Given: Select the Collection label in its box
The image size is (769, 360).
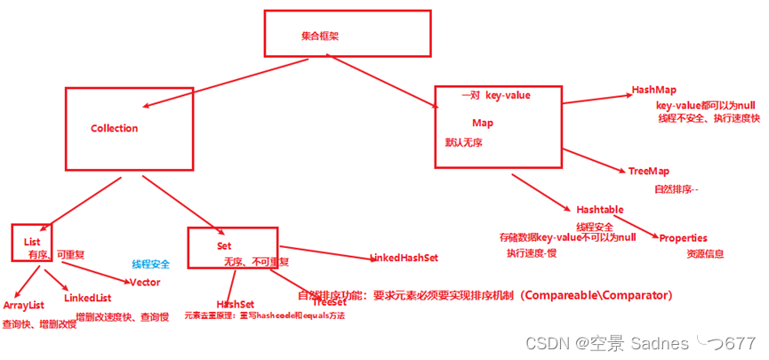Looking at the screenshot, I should (x=114, y=128).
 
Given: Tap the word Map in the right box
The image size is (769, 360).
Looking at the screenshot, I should (x=483, y=123).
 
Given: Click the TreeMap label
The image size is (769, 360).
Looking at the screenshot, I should (x=648, y=171).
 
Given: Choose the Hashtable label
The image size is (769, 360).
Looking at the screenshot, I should (x=599, y=209).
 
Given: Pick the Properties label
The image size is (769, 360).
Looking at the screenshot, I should (x=683, y=237).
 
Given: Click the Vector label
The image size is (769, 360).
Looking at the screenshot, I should (x=145, y=282).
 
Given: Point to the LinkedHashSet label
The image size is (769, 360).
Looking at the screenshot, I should (x=405, y=258).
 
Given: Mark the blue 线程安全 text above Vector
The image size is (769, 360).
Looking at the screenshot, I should (x=150, y=264).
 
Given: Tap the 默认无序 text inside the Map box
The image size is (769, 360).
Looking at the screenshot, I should (x=463, y=142).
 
